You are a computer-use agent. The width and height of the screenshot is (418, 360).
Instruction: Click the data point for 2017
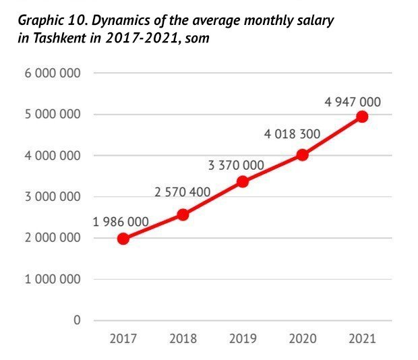pos(123,238)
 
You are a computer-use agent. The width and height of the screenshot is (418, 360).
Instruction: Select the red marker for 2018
pos(183,214)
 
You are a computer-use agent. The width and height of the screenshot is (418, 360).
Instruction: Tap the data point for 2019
pos(243,181)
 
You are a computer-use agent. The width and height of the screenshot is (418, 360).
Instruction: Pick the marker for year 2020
pos(302,154)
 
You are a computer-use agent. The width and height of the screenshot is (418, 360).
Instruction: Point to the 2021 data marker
pos(362,117)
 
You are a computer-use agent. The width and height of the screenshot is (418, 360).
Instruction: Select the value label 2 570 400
pos(182,193)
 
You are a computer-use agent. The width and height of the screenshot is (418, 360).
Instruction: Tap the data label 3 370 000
pos(236,164)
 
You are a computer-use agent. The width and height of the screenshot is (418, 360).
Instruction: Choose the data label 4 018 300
pos(292,134)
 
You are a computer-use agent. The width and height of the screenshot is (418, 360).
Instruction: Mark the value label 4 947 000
pos(352,102)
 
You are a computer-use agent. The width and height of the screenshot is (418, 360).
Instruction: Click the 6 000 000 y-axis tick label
pos(53,73)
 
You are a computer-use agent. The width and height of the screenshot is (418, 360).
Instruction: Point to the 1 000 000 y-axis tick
pos(53,279)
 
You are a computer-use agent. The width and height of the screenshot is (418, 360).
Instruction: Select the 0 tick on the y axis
pos(77,320)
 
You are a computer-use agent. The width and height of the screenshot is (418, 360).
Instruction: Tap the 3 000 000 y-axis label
pos(53,197)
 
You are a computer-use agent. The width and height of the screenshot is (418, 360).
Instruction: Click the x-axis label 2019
pos(243,338)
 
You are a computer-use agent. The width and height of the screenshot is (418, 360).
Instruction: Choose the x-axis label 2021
pos(362,338)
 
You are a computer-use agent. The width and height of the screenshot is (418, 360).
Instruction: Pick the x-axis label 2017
pos(123,338)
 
